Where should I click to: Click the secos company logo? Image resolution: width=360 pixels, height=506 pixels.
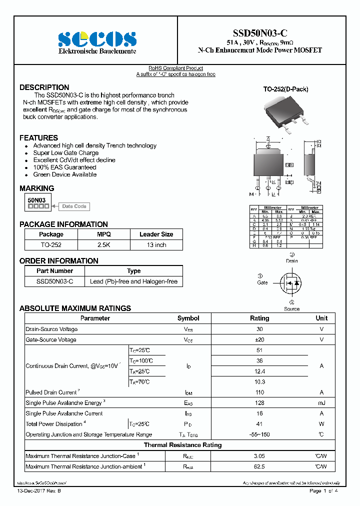97,39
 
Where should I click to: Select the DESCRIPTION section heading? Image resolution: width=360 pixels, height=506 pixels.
44,87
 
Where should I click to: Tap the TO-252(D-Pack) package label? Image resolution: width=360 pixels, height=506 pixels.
285,89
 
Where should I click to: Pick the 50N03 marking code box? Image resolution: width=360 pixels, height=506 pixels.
37,200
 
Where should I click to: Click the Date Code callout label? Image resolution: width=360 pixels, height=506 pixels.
74,206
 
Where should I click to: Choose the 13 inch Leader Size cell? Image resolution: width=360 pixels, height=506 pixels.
156,245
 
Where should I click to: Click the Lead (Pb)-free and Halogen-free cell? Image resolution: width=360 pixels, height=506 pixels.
133,281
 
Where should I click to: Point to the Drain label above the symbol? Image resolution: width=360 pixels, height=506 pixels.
291,260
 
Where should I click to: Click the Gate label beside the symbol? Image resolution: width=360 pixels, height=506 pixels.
262,282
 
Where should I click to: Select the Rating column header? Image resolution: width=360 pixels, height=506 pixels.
259,318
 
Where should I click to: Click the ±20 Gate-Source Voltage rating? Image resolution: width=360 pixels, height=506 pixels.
259,339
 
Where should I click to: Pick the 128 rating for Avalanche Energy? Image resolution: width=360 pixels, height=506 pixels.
259,403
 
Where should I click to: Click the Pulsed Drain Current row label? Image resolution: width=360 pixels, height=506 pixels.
51,392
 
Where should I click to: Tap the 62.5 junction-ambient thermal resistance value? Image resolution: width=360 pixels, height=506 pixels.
259,466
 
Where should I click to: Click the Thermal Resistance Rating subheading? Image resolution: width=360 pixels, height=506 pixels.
182,445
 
